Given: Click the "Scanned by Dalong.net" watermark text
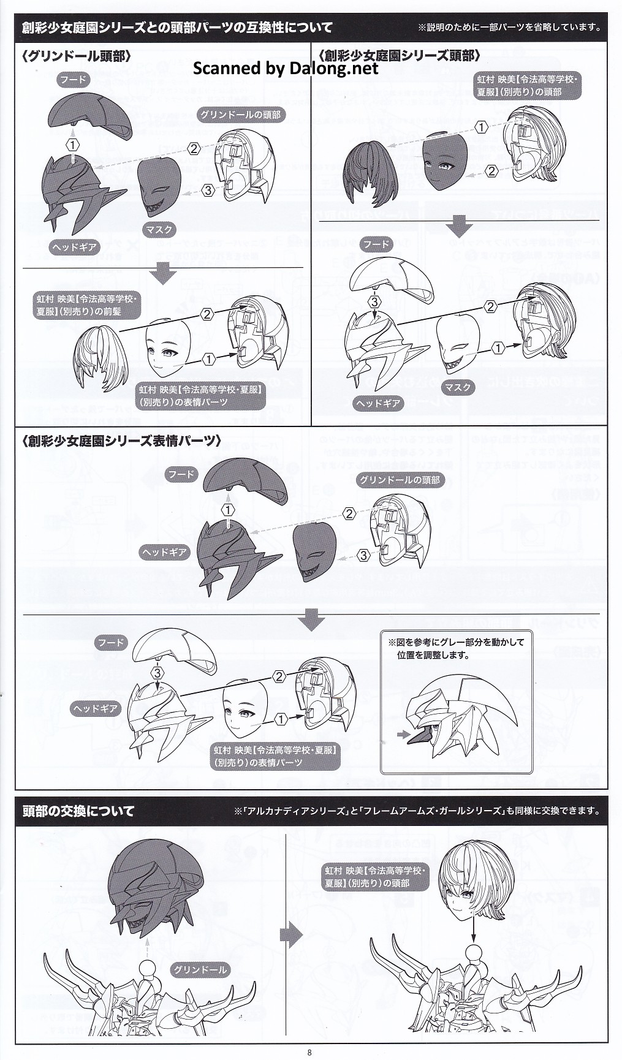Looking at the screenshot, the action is click(286, 69).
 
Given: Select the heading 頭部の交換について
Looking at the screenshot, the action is click(78, 811).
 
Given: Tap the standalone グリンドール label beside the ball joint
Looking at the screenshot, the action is click(200, 969).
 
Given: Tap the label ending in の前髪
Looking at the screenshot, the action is click(86, 305).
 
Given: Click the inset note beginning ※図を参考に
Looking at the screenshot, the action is click(456, 648).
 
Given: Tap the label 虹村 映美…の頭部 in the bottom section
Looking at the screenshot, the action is click(375, 877).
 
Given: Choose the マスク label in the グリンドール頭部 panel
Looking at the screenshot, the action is click(159, 230).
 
